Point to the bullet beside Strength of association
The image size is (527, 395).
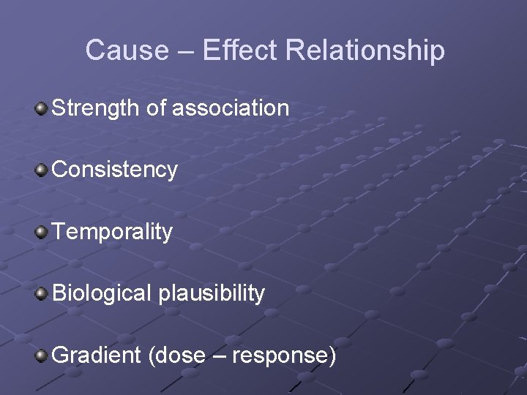[x=42, y=109]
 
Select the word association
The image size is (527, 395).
[x=231, y=108]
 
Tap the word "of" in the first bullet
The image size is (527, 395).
[x=156, y=108]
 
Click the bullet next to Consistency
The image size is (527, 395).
[x=42, y=170]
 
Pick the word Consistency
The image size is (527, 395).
[x=115, y=170]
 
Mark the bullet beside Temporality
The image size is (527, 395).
[x=42, y=233]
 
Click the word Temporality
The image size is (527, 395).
[x=113, y=232]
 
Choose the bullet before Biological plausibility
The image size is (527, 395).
[x=42, y=294]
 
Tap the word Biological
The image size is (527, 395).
[x=101, y=293]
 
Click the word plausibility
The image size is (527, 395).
[x=211, y=294]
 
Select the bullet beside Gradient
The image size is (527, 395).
[x=42, y=356]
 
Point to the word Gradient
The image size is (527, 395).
[x=97, y=355]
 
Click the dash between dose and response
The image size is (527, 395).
[x=218, y=356]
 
